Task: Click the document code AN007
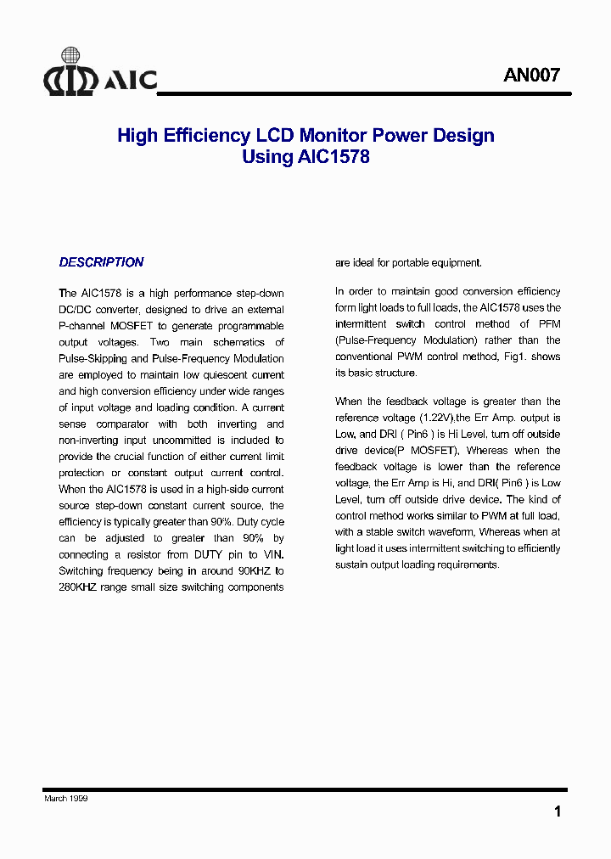point(531,75)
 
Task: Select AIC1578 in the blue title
point(334,157)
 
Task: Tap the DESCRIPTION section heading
point(101,262)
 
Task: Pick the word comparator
point(122,424)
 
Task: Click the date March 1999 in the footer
point(66,799)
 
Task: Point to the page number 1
point(557,811)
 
